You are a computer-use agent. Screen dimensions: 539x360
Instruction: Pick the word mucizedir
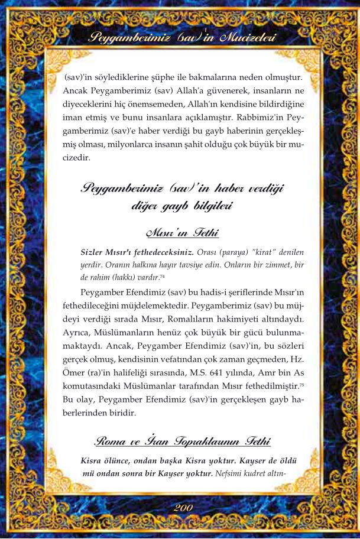point(85,158)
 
